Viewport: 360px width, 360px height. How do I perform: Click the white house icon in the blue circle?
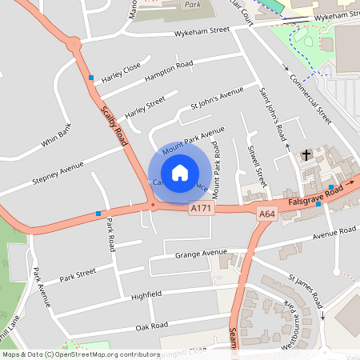click(x=180, y=173)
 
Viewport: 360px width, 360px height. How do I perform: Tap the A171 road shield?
click(x=202, y=208)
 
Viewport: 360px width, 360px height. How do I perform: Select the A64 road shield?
click(x=267, y=214)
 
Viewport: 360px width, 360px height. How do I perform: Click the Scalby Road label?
click(x=114, y=125)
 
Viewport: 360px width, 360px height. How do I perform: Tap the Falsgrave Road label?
click(x=316, y=195)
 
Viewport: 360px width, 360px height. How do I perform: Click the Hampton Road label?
click(x=169, y=70)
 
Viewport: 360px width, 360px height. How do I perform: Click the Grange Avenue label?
click(x=201, y=254)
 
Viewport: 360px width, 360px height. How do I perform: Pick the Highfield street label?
click(x=146, y=294)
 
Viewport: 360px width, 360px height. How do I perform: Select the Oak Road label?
click(x=151, y=326)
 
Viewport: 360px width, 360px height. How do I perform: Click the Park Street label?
click(x=78, y=273)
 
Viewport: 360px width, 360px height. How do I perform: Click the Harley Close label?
click(x=121, y=72)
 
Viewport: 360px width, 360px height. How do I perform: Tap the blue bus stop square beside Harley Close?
click(x=92, y=78)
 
